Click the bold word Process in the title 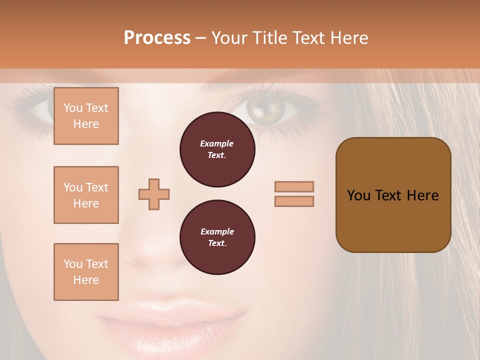(157, 37)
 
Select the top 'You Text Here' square (86, 116)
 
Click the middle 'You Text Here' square (86, 195)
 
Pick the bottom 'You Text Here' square (86, 271)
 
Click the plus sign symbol (154, 194)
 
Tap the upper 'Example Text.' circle (217, 149)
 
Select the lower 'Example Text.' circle (217, 237)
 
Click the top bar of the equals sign (294, 186)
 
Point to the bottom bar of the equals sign (294, 201)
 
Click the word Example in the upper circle (217, 143)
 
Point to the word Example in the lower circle (217, 231)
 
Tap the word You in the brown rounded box (358, 195)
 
